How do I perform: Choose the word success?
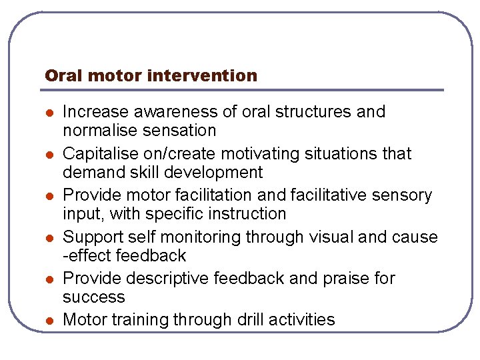click(x=94, y=297)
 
